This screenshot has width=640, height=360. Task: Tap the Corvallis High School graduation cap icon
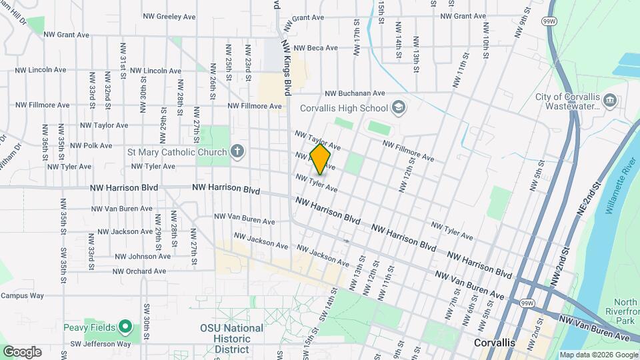(398, 107)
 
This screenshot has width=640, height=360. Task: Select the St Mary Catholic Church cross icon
(237, 152)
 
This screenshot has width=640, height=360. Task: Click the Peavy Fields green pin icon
(125, 327)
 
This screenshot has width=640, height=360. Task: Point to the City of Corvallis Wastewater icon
(609, 101)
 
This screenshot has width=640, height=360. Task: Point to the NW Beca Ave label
(315, 48)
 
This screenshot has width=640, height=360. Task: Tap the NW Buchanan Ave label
(355, 94)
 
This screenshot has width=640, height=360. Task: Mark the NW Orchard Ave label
(139, 271)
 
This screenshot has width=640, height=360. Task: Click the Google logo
(22, 352)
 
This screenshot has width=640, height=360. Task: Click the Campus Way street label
(22, 295)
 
